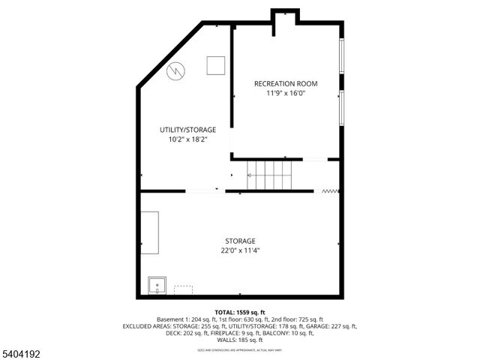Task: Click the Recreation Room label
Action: tap(286, 83)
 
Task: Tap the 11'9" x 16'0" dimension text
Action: tap(286, 94)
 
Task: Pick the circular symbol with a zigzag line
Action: tap(176, 70)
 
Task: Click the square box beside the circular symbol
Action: tap(216, 67)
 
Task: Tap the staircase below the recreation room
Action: tap(269, 175)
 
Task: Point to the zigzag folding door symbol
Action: tap(329, 191)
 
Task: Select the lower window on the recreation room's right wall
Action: tap(342, 108)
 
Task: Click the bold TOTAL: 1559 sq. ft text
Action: tap(240, 312)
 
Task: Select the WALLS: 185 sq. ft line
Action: tap(240, 340)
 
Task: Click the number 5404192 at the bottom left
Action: tap(17, 352)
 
